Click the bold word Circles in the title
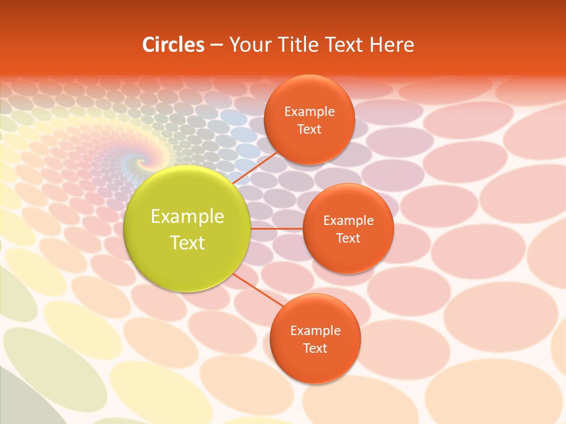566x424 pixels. point(173,45)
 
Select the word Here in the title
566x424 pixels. point(392,45)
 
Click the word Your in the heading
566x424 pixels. point(250,45)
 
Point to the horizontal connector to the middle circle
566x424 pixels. point(277,228)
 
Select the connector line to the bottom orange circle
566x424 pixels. point(258,290)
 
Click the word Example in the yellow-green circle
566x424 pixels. point(187,216)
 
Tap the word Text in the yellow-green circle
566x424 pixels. point(187,243)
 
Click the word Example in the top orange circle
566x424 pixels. point(310,111)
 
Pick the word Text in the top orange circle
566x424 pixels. point(309,129)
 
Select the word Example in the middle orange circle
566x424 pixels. point(348,220)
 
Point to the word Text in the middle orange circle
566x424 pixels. point(348,238)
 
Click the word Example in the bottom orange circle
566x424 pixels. point(315,330)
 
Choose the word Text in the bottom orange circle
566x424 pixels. point(315,348)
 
